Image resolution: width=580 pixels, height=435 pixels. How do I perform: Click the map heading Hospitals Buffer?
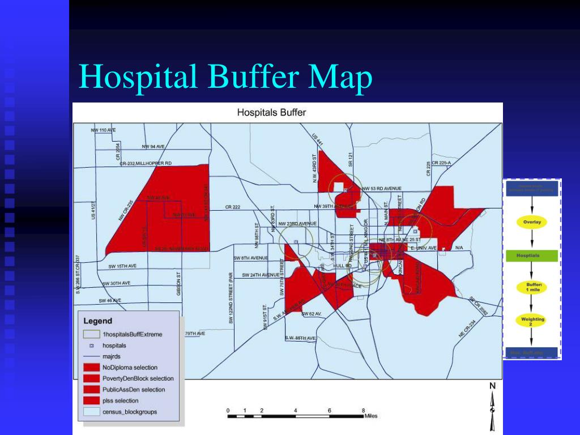(271, 112)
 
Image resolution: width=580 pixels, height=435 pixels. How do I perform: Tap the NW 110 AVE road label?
(103, 130)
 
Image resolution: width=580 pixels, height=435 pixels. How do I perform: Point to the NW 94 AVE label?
(154, 146)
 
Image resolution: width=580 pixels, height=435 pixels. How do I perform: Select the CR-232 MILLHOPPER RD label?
(146, 163)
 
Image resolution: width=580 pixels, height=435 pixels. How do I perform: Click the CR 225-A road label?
(441, 163)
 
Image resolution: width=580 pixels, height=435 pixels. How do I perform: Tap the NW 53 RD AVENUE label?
(382, 188)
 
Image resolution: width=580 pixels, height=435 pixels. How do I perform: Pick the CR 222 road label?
(233, 207)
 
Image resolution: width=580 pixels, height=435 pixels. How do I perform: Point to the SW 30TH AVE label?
(116, 283)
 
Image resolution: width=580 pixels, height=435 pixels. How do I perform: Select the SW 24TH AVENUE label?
(261, 275)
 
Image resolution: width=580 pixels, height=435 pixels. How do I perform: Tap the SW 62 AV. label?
(312, 313)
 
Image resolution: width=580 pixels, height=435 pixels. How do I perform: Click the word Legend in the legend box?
(98, 321)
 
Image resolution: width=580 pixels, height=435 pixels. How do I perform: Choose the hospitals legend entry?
(114, 345)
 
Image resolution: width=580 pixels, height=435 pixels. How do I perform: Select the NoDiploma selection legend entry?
(130, 368)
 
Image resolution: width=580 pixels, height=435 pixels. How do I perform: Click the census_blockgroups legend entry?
(130, 412)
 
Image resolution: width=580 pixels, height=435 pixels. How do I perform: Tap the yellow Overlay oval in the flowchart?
(532, 222)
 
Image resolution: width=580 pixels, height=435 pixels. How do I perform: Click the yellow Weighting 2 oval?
(532, 322)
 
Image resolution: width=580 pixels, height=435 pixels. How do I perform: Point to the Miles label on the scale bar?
(371, 416)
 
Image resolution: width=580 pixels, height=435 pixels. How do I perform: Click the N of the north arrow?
(492, 386)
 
